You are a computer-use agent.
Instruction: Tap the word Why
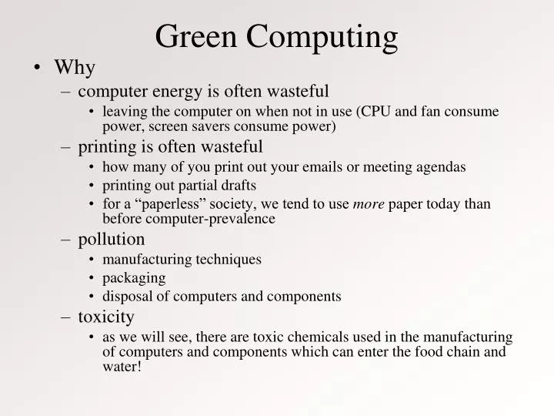(75, 68)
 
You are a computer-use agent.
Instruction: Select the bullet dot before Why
(38, 68)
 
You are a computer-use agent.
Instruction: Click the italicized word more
(369, 203)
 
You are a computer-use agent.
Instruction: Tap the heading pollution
(111, 239)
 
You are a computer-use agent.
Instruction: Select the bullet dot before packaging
(92, 278)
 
